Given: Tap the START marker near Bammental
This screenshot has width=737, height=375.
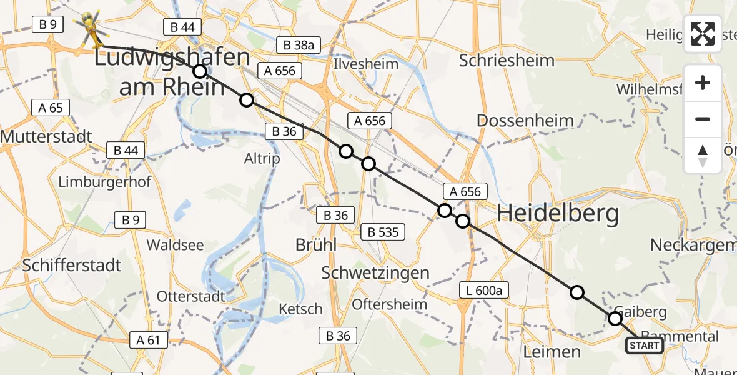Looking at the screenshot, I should point(644,346).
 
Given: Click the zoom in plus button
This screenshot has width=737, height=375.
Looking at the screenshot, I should point(703,83).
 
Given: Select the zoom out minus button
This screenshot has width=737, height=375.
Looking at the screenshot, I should point(703,119).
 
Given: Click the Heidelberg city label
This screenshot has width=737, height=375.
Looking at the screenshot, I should point(557,214).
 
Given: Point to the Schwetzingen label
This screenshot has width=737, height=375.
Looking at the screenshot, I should point(375,272).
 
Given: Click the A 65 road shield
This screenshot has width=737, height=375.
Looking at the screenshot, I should point(51,107).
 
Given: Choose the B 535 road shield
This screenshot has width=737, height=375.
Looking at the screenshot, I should point(383,232).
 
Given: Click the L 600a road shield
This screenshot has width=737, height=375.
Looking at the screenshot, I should point(483,290).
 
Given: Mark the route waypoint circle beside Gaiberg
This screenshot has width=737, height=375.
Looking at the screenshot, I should point(615,319).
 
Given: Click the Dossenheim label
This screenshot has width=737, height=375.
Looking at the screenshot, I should point(516,120).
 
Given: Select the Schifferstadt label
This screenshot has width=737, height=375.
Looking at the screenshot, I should point(71,265).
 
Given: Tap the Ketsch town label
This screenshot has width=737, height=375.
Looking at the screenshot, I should point(300,309).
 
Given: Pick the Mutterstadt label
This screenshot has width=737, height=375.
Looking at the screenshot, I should point(47,136).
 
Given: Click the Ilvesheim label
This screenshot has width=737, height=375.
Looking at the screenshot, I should point(357,64).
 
